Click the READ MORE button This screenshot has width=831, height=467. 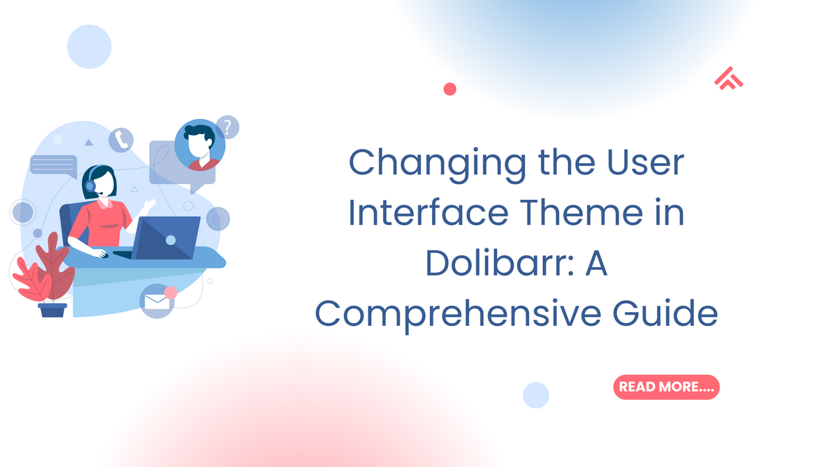tap(666, 387)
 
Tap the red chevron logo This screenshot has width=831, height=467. tap(728, 80)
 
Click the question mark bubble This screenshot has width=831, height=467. tap(227, 127)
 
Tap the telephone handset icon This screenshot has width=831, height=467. tap(120, 140)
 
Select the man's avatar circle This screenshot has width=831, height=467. tap(199, 146)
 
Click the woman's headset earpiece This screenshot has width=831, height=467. tap(91, 185)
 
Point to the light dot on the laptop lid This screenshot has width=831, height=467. tap(170, 239)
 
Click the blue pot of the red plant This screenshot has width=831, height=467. tap(52, 309)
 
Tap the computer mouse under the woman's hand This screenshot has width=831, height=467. tap(102, 255)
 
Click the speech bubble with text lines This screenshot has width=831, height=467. tap(53, 166)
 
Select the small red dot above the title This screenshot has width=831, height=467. tap(449, 89)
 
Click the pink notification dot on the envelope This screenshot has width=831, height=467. tap(170, 293)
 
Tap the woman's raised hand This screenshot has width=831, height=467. tap(149, 204)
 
